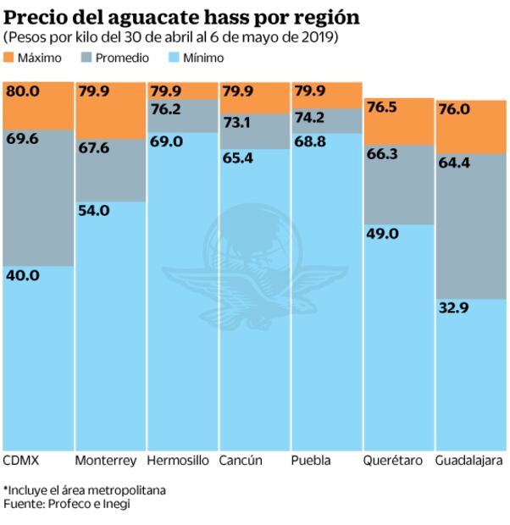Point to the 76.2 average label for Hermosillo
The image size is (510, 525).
[x=165, y=108]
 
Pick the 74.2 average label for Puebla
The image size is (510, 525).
[x=309, y=117]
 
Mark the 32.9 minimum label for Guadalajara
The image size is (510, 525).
[x=453, y=308]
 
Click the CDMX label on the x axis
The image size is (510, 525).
[x=22, y=461]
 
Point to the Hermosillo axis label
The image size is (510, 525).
[x=177, y=461]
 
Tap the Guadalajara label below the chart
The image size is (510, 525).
[x=469, y=461]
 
